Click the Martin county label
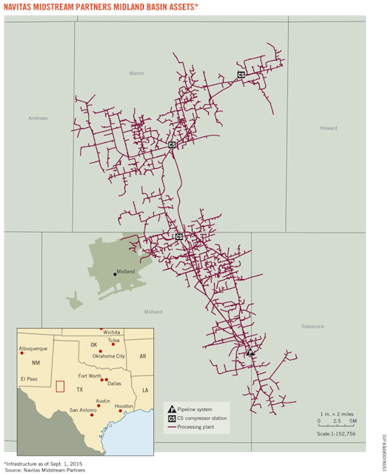point(136,73)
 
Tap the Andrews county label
point(38,118)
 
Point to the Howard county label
point(328,128)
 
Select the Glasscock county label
point(312,326)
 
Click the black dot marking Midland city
point(114,274)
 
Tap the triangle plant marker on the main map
point(250,353)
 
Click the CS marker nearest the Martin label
point(241,75)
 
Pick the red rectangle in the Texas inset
point(60,386)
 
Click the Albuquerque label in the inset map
point(33,348)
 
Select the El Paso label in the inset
point(29,378)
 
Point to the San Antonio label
point(83,410)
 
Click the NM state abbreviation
point(36,363)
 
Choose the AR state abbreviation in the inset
point(143,356)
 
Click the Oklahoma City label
point(109,356)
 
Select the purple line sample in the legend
point(172,428)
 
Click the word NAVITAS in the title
point(21,7)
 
